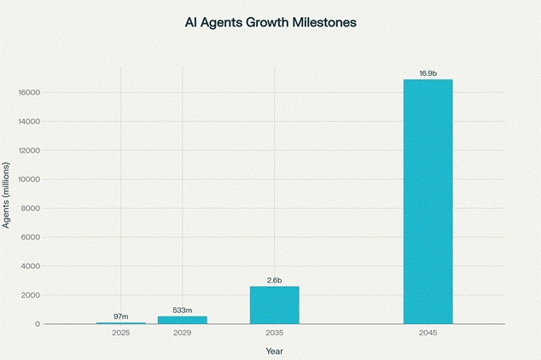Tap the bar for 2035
(x=274, y=305)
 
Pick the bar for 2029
(x=182, y=320)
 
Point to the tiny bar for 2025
(x=120, y=322)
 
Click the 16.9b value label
(x=428, y=74)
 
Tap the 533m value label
(x=182, y=311)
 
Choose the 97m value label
(x=120, y=316)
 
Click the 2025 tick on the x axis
(x=120, y=332)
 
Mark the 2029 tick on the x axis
(x=182, y=332)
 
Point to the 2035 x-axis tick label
(x=274, y=332)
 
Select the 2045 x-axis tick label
(x=428, y=332)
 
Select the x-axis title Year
(x=274, y=350)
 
